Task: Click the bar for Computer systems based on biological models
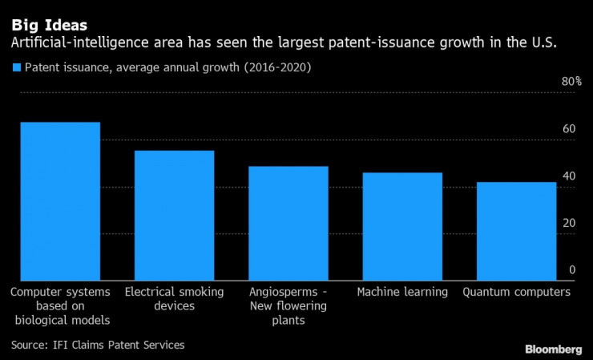point(60,200)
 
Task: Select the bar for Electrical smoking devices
point(174,215)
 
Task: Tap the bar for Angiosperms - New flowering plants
point(288,223)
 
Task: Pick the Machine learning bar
point(402,226)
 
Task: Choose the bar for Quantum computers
point(516,231)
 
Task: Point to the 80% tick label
point(571,82)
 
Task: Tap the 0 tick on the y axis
point(572,270)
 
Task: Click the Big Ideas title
point(50,25)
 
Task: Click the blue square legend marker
point(16,68)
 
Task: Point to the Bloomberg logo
point(553,350)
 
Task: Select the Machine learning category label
point(402,292)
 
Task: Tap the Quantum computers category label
point(516,292)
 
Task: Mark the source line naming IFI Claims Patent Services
point(98,345)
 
